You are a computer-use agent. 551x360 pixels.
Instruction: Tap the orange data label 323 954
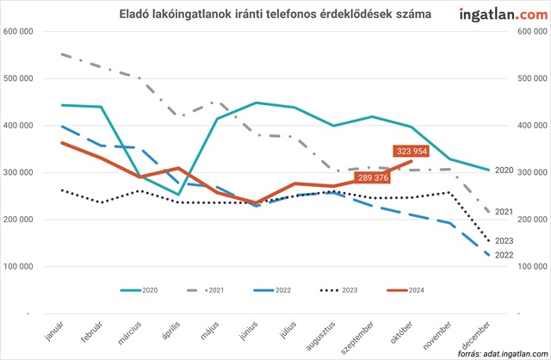click(411, 151)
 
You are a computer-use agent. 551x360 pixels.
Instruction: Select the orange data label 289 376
click(371, 178)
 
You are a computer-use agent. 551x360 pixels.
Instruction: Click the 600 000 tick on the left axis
click(18, 31)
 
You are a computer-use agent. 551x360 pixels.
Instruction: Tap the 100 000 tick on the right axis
click(532, 267)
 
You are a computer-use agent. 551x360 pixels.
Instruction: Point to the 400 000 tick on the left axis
click(18, 126)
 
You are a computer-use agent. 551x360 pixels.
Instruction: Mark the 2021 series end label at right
click(505, 211)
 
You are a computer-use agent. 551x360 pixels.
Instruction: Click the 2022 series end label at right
click(505, 255)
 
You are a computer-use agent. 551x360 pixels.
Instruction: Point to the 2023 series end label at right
click(505, 240)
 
